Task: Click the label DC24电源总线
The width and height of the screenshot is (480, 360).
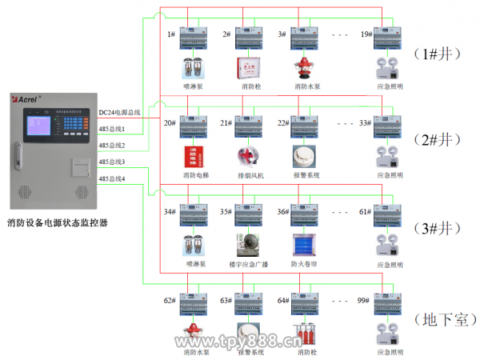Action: tap(119, 114)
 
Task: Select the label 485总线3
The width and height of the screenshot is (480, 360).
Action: tap(112, 162)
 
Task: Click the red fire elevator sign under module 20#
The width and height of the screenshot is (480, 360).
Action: tap(193, 156)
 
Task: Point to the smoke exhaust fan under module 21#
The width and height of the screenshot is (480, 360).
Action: tap(248, 156)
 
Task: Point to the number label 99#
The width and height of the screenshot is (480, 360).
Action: tap(362, 301)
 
